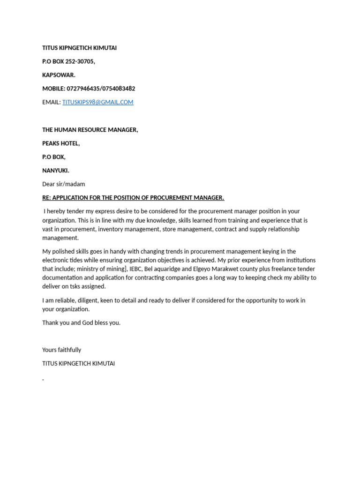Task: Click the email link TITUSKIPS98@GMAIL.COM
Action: [x=97, y=102]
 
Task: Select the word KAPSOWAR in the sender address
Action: [x=59, y=75]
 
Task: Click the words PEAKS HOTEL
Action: [x=61, y=143]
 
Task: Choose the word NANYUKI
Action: [x=55, y=171]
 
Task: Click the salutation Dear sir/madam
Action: [x=64, y=184]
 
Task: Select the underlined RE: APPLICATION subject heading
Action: [x=133, y=198]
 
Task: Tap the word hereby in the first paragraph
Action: [x=57, y=211]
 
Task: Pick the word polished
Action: [x=63, y=251]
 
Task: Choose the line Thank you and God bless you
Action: [x=81, y=322]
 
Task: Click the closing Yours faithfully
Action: [x=61, y=350]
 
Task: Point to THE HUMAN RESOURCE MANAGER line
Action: [x=90, y=130]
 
